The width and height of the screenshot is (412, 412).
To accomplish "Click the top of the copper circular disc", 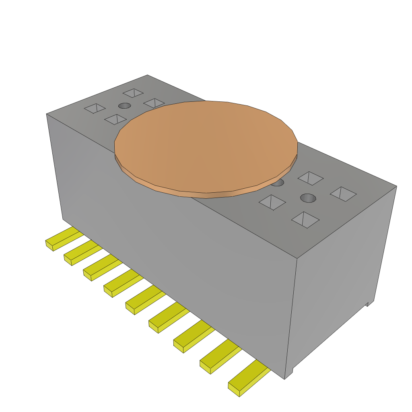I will pos(205,145).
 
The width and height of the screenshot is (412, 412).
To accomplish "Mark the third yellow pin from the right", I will pos(192,338).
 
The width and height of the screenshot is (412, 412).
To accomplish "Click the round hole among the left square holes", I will pos(124,106).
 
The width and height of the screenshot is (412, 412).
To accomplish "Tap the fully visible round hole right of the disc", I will pos(308,198).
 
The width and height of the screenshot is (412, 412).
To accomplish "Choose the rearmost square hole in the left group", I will pos(133,93).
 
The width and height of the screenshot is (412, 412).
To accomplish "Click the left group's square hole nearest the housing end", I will pos(95,109).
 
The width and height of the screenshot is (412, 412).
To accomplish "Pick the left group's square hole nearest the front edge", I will pos(115,119).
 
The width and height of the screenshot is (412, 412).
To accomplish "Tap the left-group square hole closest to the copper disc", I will pos(154,103).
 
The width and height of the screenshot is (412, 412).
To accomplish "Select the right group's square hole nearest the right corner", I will pos(343,194).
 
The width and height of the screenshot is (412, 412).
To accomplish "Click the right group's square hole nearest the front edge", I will pos(305,220).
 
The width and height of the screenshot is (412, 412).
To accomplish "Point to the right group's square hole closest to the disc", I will pos(272,202).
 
